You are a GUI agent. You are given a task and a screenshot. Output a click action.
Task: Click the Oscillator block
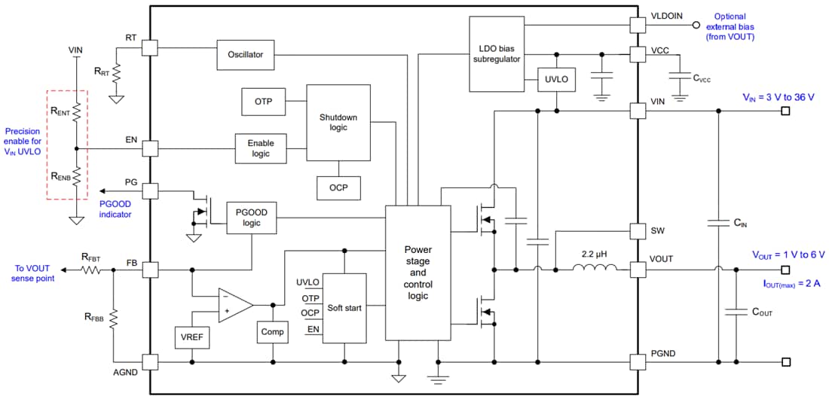pos(245,54)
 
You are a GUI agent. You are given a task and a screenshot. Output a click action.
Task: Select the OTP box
pos(263,102)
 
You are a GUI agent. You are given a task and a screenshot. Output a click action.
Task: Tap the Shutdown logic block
pos(338,123)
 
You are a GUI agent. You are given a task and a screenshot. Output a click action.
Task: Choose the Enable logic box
pos(261,148)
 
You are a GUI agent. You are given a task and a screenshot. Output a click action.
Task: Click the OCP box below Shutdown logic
pos(338,187)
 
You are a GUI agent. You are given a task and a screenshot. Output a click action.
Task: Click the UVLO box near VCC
pos(557,79)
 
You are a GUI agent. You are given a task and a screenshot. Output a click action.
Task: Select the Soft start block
pos(344,308)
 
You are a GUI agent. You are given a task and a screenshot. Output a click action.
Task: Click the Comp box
pos(271,331)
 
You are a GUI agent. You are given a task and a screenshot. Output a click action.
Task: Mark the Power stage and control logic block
pos(417,273)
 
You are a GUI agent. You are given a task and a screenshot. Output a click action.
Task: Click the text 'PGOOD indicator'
pos(115,209)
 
